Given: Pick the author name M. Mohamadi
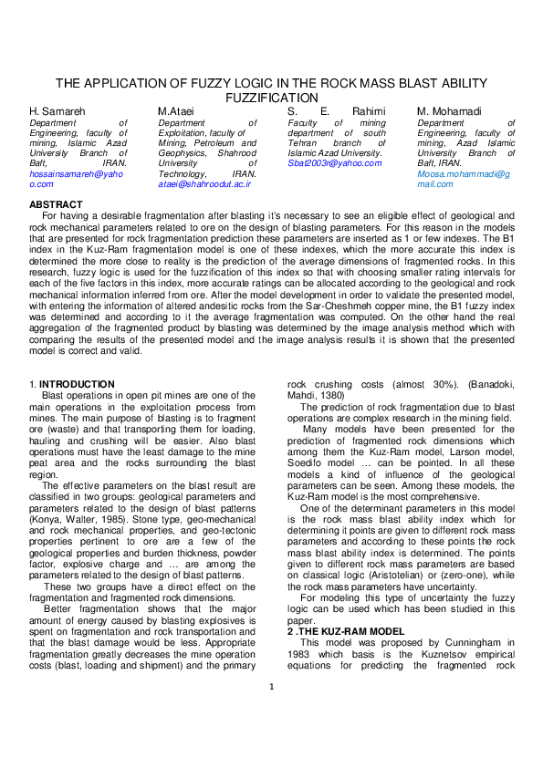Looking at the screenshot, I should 455,111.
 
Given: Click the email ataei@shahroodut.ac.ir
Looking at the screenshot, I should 204,183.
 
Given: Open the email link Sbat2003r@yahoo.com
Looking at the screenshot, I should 335,163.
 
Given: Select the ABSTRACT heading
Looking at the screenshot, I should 57,204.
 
